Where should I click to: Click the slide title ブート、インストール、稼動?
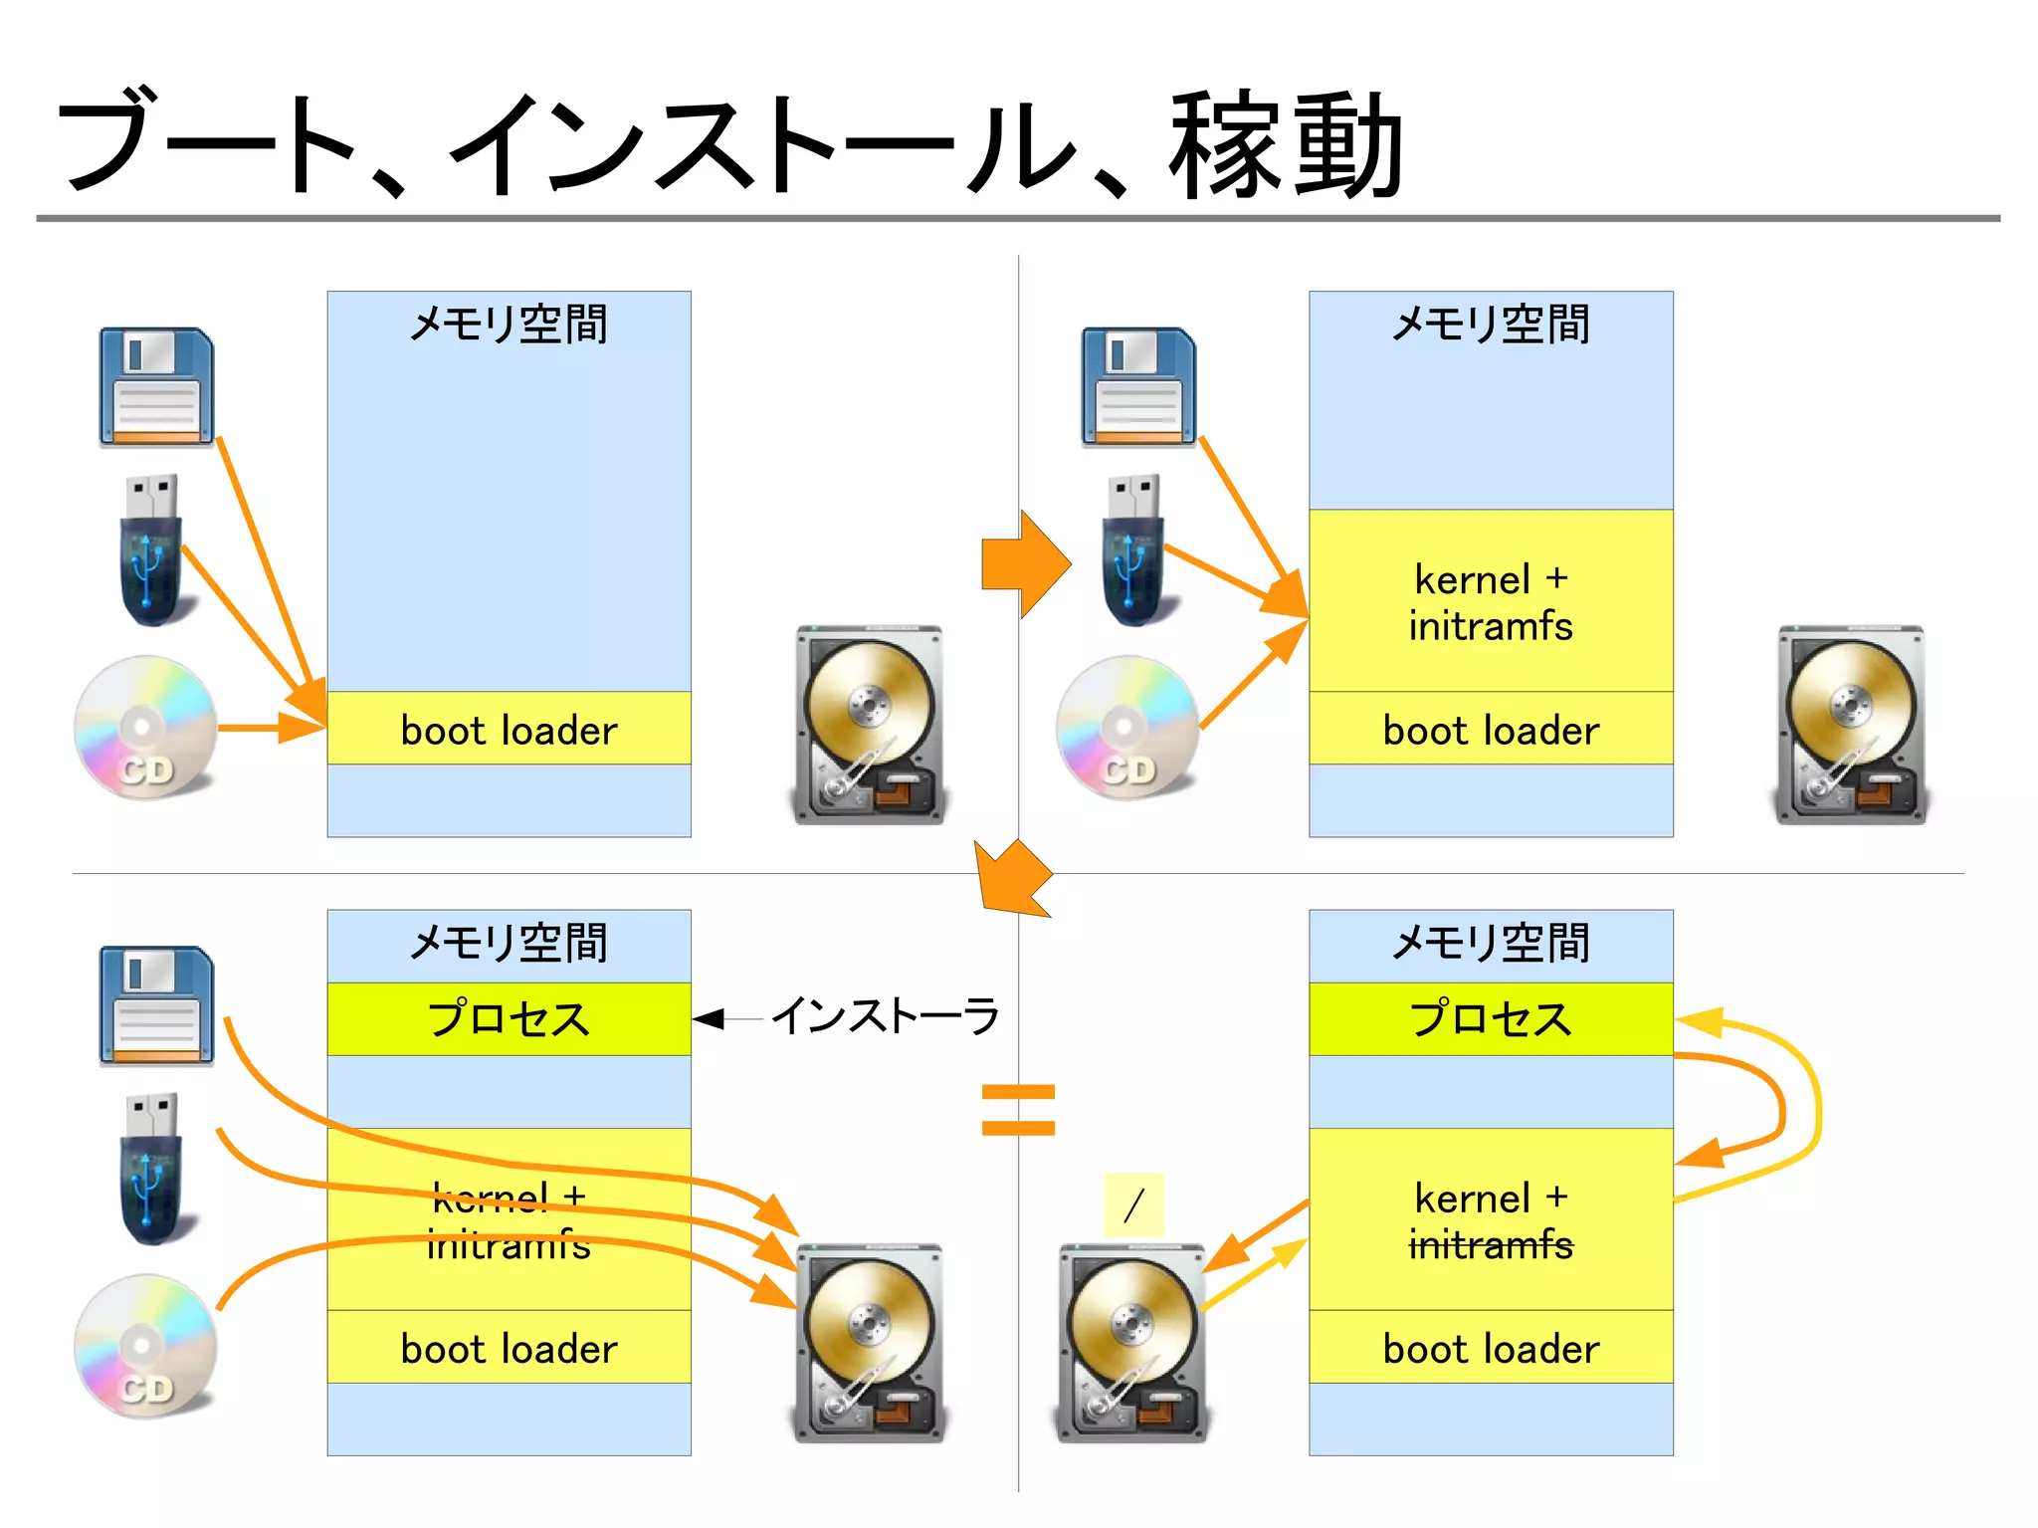pyautogui.click(x=731, y=144)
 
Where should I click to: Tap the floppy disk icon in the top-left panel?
pyautogui.click(x=156, y=386)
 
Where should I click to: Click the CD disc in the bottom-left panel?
pyautogui.click(x=145, y=1346)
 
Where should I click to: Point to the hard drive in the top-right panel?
pyautogui.click(x=1851, y=725)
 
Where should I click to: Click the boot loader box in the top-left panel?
pyautogui.click(x=509, y=729)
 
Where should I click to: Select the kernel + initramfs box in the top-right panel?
pyautogui.click(x=1490, y=601)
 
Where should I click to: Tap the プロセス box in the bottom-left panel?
pyautogui.click(x=509, y=1019)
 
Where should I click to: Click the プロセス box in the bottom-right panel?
pyautogui.click(x=1490, y=1019)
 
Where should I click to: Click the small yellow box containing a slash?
pyautogui.click(x=1133, y=1204)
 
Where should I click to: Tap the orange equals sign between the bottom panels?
pyautogui.click(x=1017, y=1110)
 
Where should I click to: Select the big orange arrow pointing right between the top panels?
pyautogui.click(x=1025, y=564)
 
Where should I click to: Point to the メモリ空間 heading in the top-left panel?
pyautogui.click(x=509, y=325)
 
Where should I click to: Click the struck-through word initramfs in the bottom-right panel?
pyautogui.click(x=1490, y=1245)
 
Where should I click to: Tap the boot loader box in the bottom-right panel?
pyautogui.click(x=1490, y=1348)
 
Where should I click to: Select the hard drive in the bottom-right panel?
pyautogui.click(x=1131, y=1344)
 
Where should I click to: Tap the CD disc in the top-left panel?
pyautogui.click(x=145, y=727)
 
